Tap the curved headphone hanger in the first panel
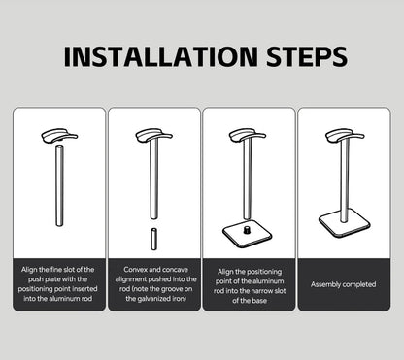pyautogui.click(x=59, y=135)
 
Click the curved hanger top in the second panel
pyautogui.click(x=152, y=135)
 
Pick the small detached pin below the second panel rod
pyautogui.click(x=152, y=238)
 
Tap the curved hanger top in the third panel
pyautogui.click(x=246, y=135)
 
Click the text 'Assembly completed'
pyautogui.click(x=343, y=284)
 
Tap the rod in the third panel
pyautogui.click(x=246, y=180)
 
